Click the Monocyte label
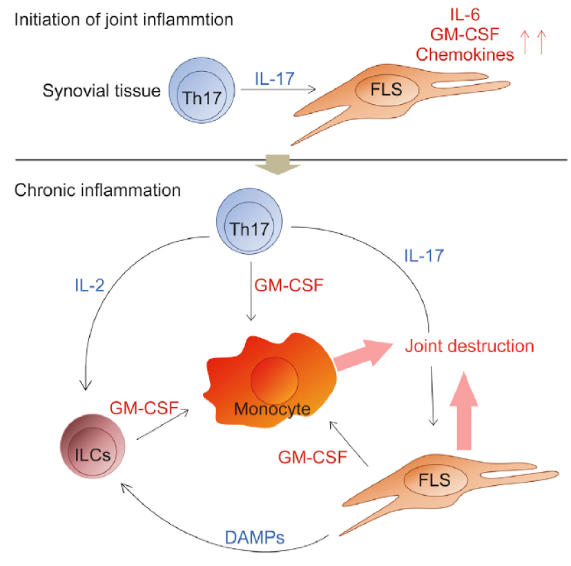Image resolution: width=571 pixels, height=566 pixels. (271, 409)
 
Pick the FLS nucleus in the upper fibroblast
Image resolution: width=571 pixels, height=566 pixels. (386, 89)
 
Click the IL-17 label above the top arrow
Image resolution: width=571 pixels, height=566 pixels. (273, 77)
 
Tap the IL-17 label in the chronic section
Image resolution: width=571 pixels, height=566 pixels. (423, 255)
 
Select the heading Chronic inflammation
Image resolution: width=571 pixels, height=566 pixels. (96, 188)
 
